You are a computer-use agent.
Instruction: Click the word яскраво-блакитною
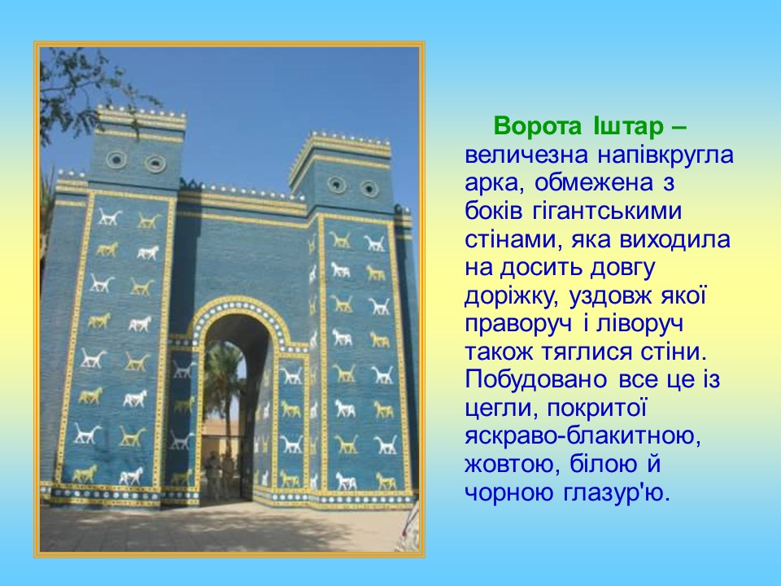point(582,436)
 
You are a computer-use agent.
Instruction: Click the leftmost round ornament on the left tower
point(116,160)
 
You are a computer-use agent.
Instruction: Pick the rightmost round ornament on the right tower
point(369,189)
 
